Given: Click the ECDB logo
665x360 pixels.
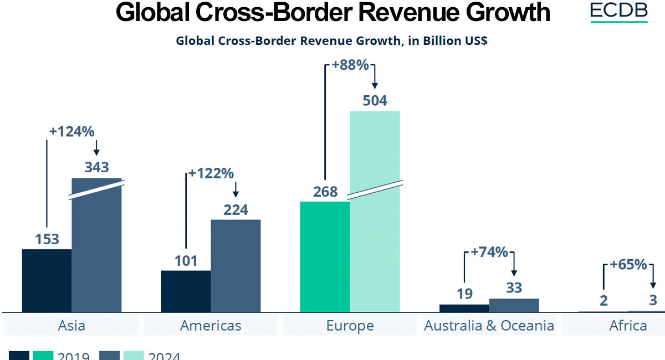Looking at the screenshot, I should pos(618,12).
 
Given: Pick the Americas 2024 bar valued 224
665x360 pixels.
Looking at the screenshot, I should pos(236,266).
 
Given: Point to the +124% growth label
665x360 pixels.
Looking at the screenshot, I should pos(71,132).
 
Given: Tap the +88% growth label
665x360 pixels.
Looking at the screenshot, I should pos(350,65).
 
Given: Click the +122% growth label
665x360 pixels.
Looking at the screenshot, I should pos(211,173).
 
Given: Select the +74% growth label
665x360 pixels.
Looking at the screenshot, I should pos(489,252).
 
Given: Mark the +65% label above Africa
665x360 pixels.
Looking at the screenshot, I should pos(628,265).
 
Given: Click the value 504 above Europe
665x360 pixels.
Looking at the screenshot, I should pos(375,101).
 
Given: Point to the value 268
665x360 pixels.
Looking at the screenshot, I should pos(325,192).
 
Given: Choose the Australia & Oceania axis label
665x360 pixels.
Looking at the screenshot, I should pos(489,325).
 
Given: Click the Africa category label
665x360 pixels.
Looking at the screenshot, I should pos(628,325).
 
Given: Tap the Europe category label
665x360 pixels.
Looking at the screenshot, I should pos(350,325).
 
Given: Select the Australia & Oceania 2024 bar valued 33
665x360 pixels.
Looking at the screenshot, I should pos(514,305).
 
